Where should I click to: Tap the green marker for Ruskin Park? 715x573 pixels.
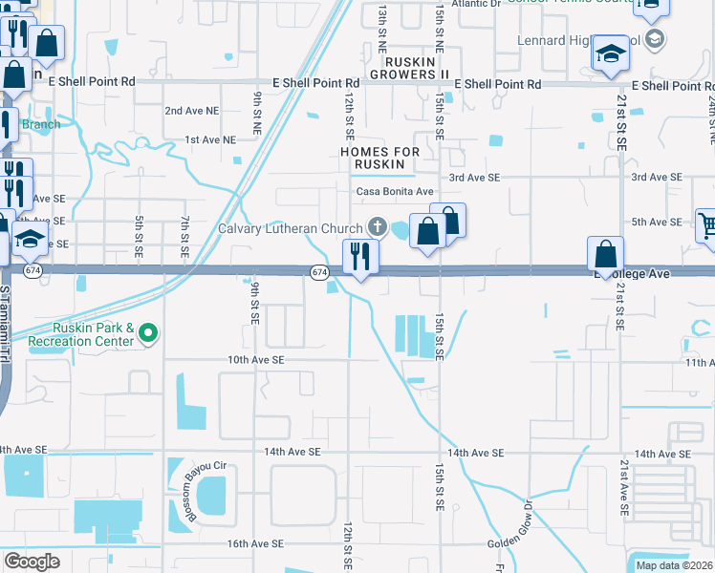(x=148, y=333)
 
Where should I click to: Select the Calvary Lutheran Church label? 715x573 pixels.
(x=291, y=227)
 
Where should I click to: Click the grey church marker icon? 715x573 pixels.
(x=378, y=227)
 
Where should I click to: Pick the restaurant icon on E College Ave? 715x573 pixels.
(x=359, y=256)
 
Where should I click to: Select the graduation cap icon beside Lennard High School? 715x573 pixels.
(x=610, y=53)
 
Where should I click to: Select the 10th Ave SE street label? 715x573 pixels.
(x=256, y=360)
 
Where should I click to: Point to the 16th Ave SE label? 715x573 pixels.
(x=256, y=543)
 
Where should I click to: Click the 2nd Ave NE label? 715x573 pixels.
(x=191, y=111)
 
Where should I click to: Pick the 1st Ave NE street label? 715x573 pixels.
(x=209, y=139)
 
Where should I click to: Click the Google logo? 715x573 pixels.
(x=32, y=562)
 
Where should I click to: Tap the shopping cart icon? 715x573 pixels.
(x=706, y=225)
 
